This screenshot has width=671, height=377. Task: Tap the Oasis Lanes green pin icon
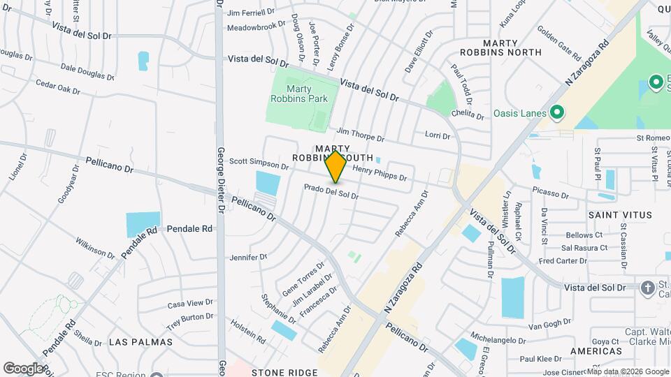557,112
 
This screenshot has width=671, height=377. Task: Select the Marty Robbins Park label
298,94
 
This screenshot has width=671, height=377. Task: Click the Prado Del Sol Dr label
331,191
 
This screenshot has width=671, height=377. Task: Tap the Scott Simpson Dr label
259,163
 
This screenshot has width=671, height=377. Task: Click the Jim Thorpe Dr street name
360,134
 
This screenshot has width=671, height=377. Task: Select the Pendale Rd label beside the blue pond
189,228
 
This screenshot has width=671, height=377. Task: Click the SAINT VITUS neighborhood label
620,215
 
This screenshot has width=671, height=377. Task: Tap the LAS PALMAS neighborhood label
140,341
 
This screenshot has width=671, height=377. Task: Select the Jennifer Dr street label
249,257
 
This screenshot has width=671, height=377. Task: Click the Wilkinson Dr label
96,246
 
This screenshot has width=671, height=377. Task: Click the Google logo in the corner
23,368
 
